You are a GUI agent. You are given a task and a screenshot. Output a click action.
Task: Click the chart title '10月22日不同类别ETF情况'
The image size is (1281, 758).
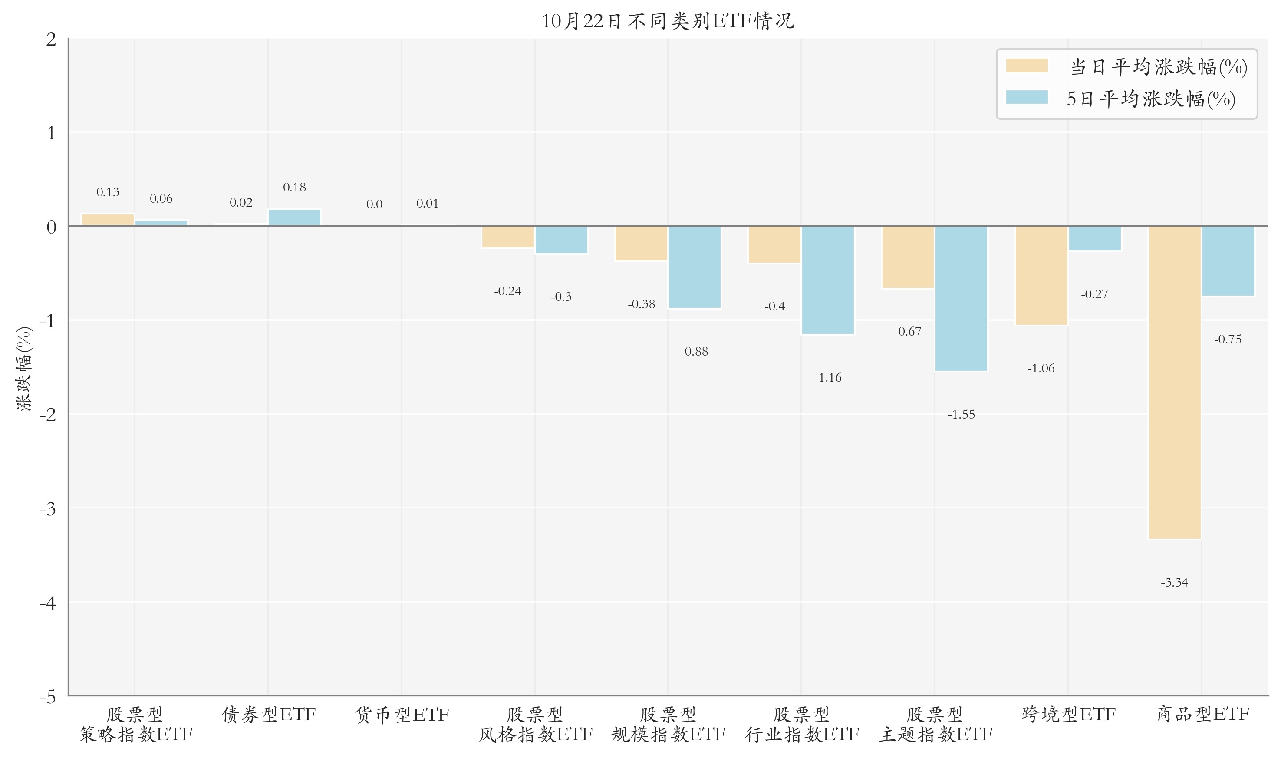pyautogui.click(x=667, y=21)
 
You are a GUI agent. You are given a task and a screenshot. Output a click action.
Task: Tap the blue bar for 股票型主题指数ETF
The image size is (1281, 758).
pyautogui.click(x=961, y=298)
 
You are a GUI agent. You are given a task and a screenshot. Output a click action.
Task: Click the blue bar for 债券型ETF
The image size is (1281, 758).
pyautogui.click(x=294, y=218)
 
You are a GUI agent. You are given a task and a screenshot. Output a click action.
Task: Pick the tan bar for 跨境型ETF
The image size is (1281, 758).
pyautogui.click(x=1041, y=275)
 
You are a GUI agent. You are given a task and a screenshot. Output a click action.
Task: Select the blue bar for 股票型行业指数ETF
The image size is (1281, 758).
pyautogui.click(x=828, y=280)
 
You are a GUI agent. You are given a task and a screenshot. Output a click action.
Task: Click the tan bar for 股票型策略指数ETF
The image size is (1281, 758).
pyautogui.click(x=108, y=220)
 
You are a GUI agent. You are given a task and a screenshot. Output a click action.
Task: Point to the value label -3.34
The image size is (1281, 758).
pyautogui.click(x=1174, y=582)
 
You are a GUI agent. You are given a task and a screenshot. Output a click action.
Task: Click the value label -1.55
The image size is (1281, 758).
pyautogui.click(x=961, y=414)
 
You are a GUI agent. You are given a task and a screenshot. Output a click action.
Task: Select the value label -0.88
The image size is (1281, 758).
pyautogui.click(x=695, y=351)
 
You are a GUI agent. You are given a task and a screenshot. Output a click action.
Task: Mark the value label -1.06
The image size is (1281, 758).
pyautogui.click(x=1041, y=368)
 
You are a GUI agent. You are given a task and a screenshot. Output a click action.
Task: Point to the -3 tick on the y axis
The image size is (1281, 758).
pyautogui.click(x=49, y=509)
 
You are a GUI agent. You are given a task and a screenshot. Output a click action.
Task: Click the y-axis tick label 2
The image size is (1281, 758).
pyautogui.click(x=51, y=40)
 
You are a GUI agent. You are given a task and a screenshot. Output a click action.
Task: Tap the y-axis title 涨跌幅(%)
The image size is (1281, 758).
pyautogui.click(x=24, y=368)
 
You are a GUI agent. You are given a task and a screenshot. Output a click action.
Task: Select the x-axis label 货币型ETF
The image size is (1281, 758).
pyautogui.click(x=402, y=715)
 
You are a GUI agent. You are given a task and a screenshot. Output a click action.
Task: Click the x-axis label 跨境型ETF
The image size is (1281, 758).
pyautogui.click(x=1068, y=714)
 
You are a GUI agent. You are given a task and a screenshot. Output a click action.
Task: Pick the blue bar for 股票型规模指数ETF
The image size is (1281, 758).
pyautogui.click(x=695, y=267)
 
